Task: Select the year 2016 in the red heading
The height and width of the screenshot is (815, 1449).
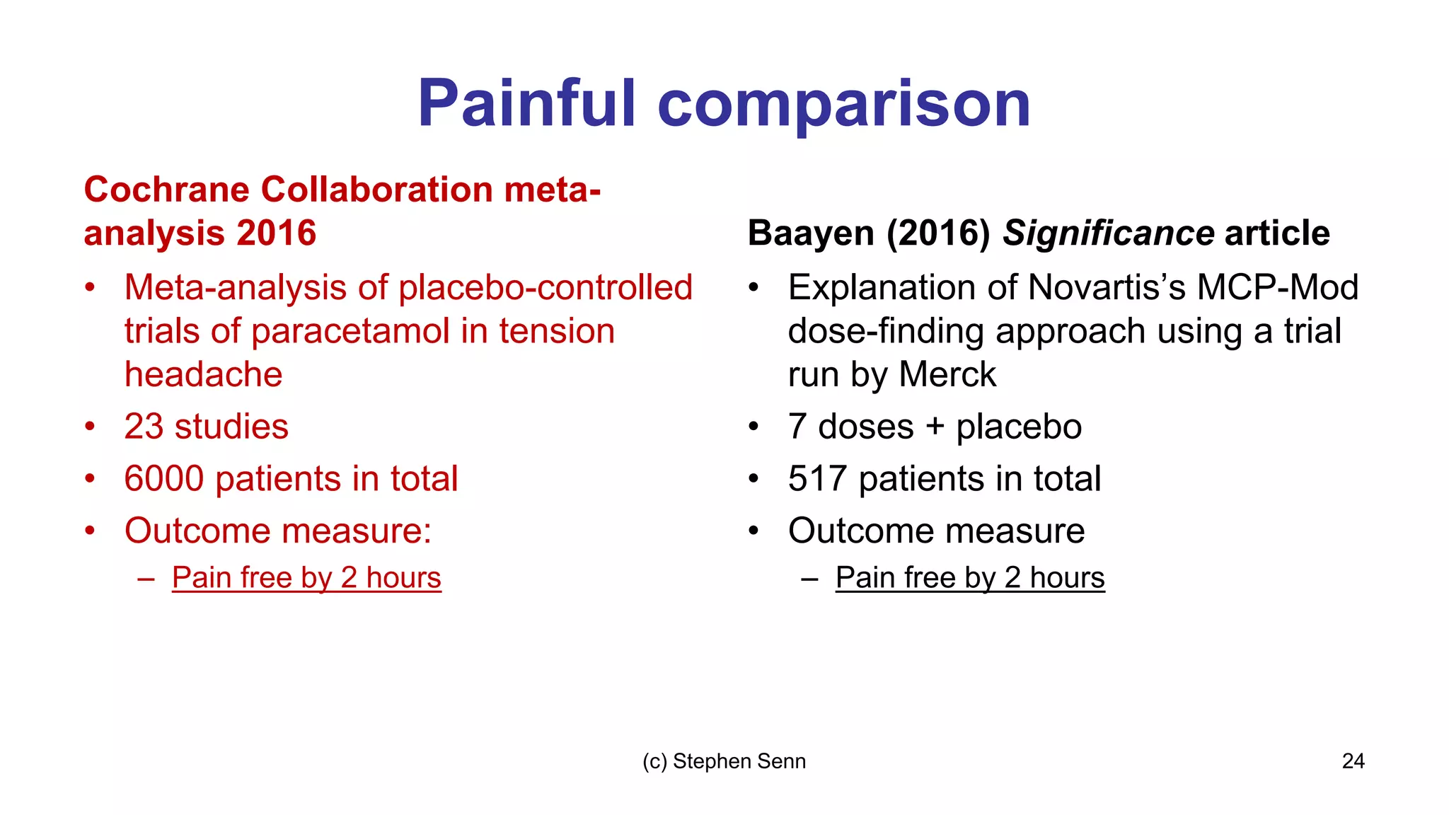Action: [x=277, y=233]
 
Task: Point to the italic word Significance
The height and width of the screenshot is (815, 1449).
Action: [x=1109, y=233]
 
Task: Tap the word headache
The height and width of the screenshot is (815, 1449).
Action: [x=203, y=374]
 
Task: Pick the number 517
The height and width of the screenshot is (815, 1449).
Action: [x=817, y=478]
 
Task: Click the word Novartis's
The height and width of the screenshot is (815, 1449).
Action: [x=1107, y=287]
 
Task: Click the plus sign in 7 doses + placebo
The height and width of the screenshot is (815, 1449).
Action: [x=935, y=427]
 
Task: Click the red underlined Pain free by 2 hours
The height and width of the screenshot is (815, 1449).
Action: [x=306, y=577]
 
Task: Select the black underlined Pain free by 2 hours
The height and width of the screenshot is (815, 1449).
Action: [x=970, y=577]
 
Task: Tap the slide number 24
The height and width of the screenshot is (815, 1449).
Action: [x=1353, y=761]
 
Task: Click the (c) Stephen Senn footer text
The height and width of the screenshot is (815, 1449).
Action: [x=724, y=761]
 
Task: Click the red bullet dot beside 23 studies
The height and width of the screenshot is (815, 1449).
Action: [x=90, y=427]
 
